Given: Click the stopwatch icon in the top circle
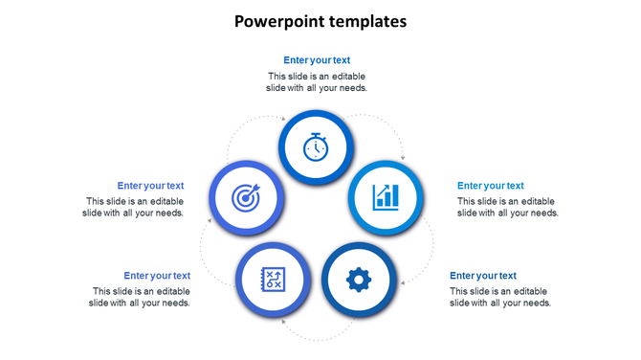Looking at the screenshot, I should (317, 147).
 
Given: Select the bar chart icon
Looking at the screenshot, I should (387, 197).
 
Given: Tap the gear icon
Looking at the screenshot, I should (359, 280).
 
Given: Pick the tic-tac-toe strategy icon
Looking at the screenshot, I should (274, 280).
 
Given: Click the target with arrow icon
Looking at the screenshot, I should (246, 198).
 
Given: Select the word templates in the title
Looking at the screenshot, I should (365, 20).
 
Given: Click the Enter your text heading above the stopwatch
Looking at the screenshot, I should (317, 60).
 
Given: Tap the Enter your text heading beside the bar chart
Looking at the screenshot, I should (491, 186).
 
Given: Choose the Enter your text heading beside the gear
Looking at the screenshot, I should (483, 276).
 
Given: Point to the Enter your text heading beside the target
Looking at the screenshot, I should (150, 186).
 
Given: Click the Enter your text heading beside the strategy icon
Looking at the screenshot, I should (157, 276).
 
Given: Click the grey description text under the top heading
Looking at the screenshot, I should (317, 81).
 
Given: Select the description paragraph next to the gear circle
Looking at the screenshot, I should (500, 297).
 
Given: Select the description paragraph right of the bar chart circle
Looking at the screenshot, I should (508, 207).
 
